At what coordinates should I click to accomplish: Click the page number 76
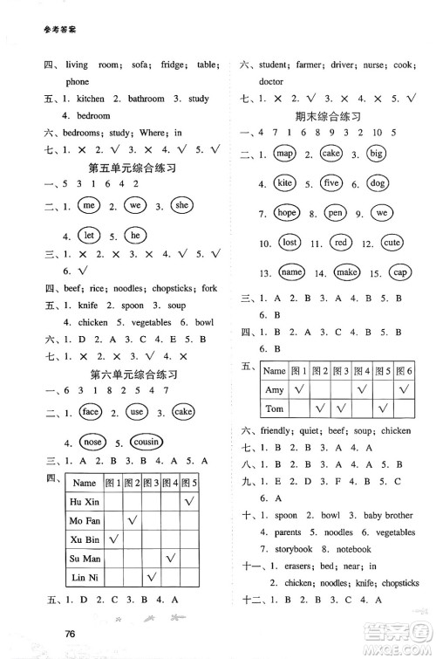pyautogui.click(x=74, y=635)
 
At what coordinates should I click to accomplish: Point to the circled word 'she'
pyautogui.click(x=182, y=205)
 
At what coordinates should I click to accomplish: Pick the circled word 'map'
pyautogui.click(x=283, y=154)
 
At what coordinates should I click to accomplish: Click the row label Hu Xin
pyautogui.click(x=84, y=502)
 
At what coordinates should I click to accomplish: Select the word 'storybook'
pyautogui.click(x=281, y=549)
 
